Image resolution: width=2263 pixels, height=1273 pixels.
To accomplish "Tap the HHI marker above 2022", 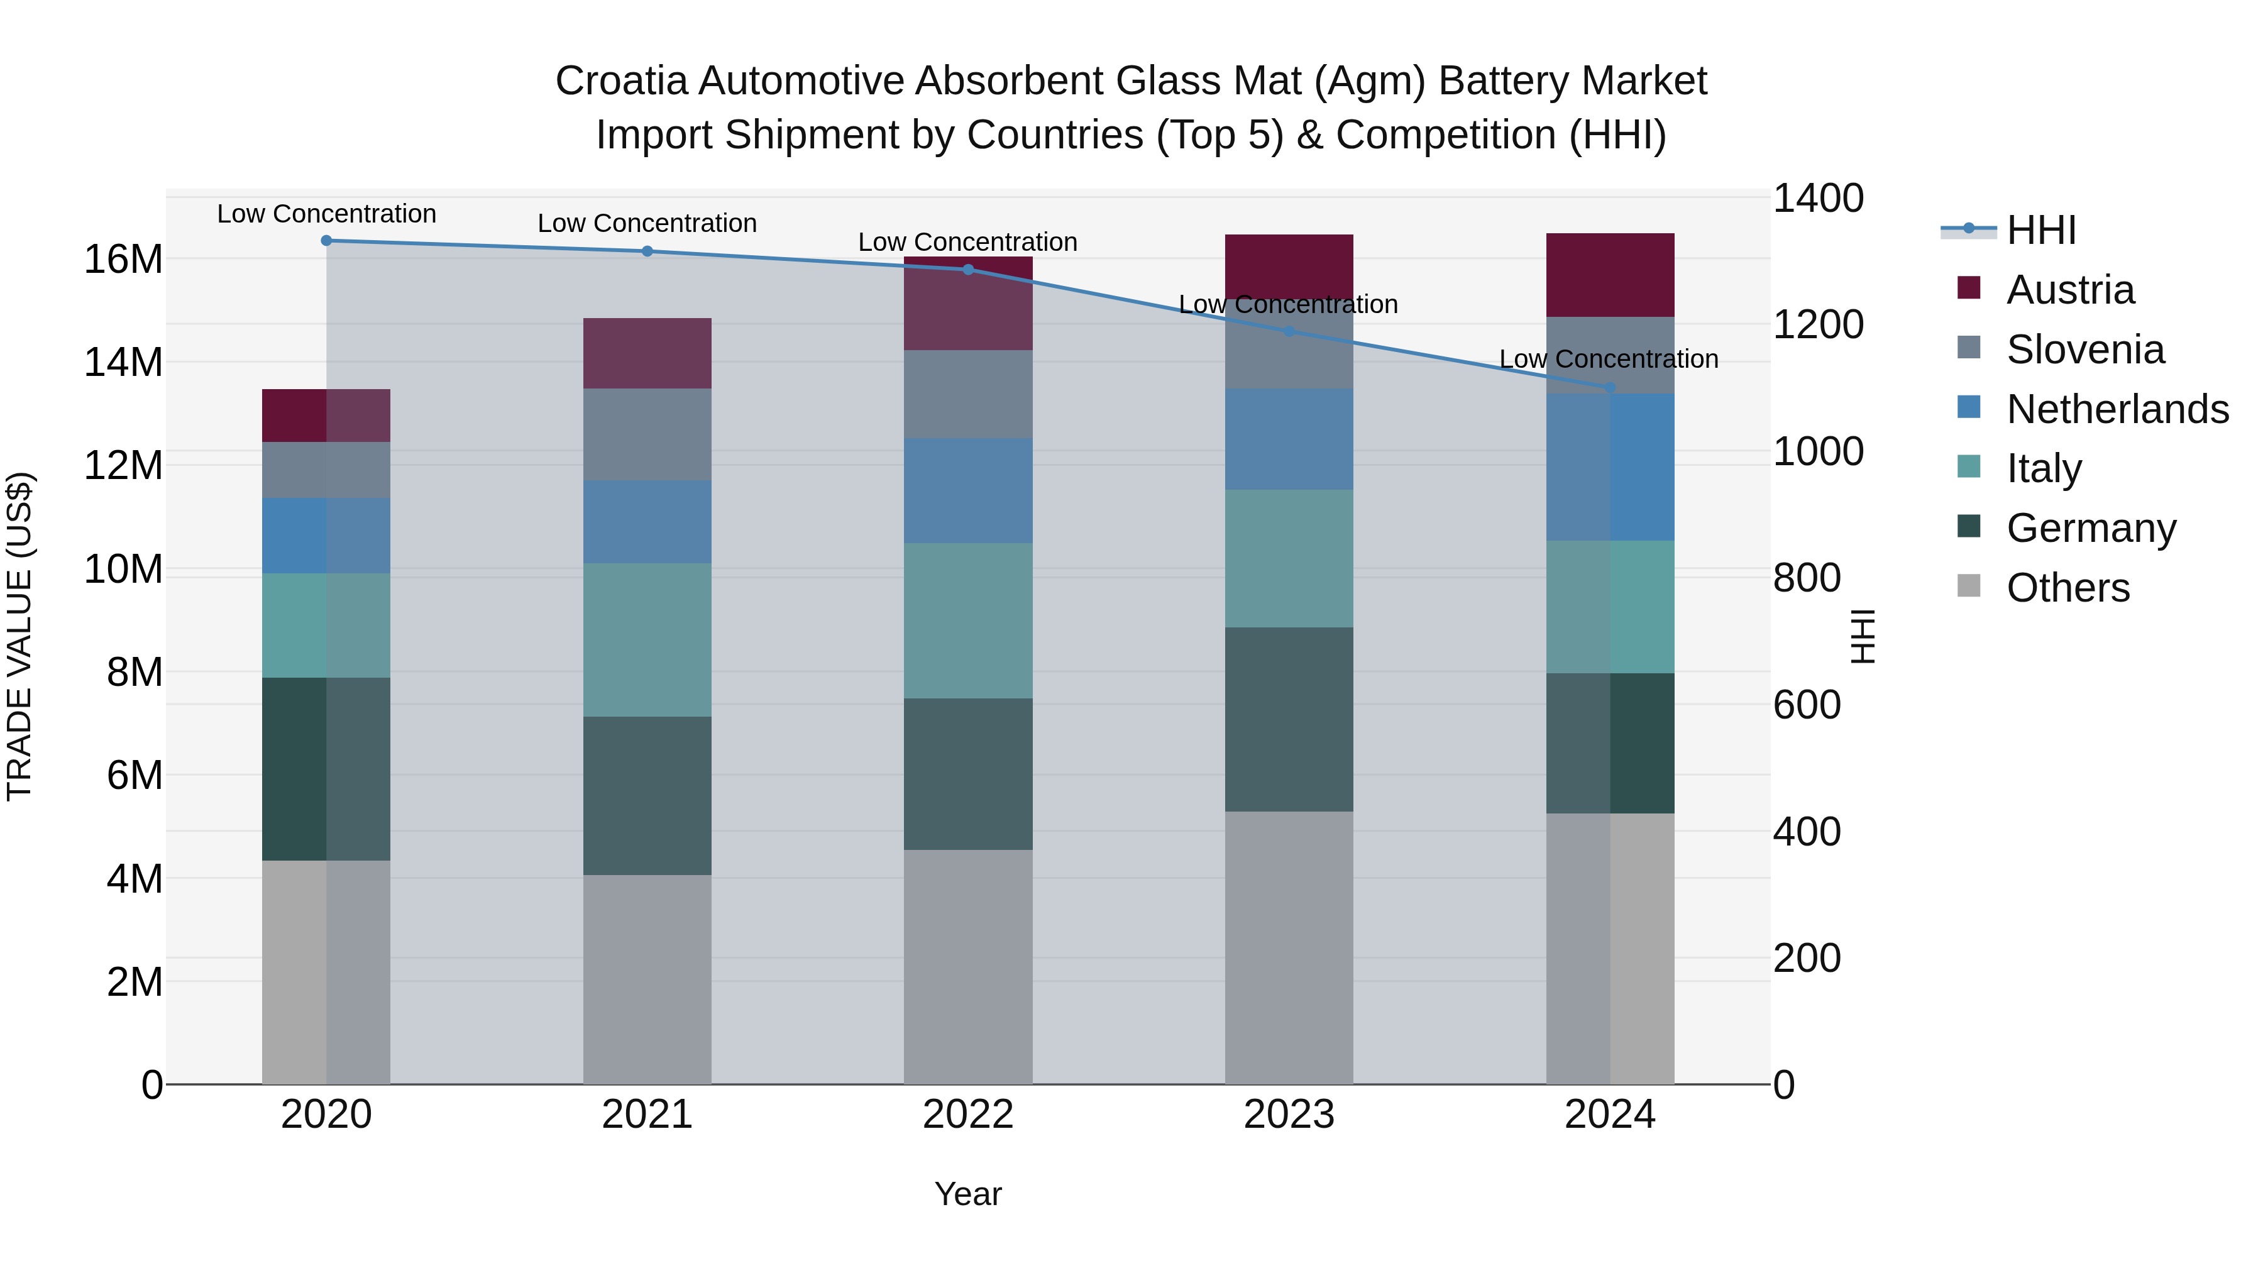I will pyautogui.click(x=968, y=270).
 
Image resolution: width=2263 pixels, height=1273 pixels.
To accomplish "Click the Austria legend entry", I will pyautogui.click(x=2070, y=290).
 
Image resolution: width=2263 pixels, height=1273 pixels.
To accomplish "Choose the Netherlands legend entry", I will pyautogui.click(x=2117, y=409).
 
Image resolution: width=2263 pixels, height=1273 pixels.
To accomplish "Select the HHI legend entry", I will pyautogui.click(x=2040, y=230).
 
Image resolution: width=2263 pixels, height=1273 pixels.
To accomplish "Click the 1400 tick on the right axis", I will pyautogui.click(x=1817, y=199).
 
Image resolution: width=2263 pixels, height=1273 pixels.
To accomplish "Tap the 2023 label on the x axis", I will pyautogui.click(x=1289, y=1115).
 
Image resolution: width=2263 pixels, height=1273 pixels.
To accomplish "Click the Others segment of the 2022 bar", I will pyautogui.click(x=968, y=966).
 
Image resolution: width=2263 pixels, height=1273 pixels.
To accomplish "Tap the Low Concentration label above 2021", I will pyautogui.click(x=647, y=223).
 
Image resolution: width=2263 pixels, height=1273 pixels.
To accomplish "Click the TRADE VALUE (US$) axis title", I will pyautogui.click(x=20, y=636).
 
